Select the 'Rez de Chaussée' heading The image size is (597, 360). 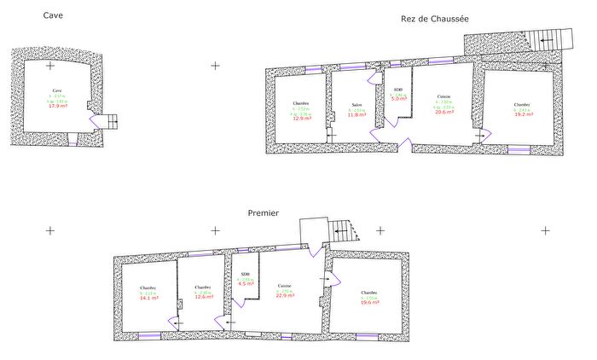coord(435,19)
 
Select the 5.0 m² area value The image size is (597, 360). coord(398,99)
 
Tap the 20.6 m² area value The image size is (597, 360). coord(444,112)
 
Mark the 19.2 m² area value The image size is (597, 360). coord(523,113)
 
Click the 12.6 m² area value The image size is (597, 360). coord(203,297)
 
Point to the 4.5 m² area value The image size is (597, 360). coord(246,283)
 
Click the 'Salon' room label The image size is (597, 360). coord(356,105)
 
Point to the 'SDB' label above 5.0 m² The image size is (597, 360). coord(398,89)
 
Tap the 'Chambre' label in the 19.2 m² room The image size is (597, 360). coord(522,104)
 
